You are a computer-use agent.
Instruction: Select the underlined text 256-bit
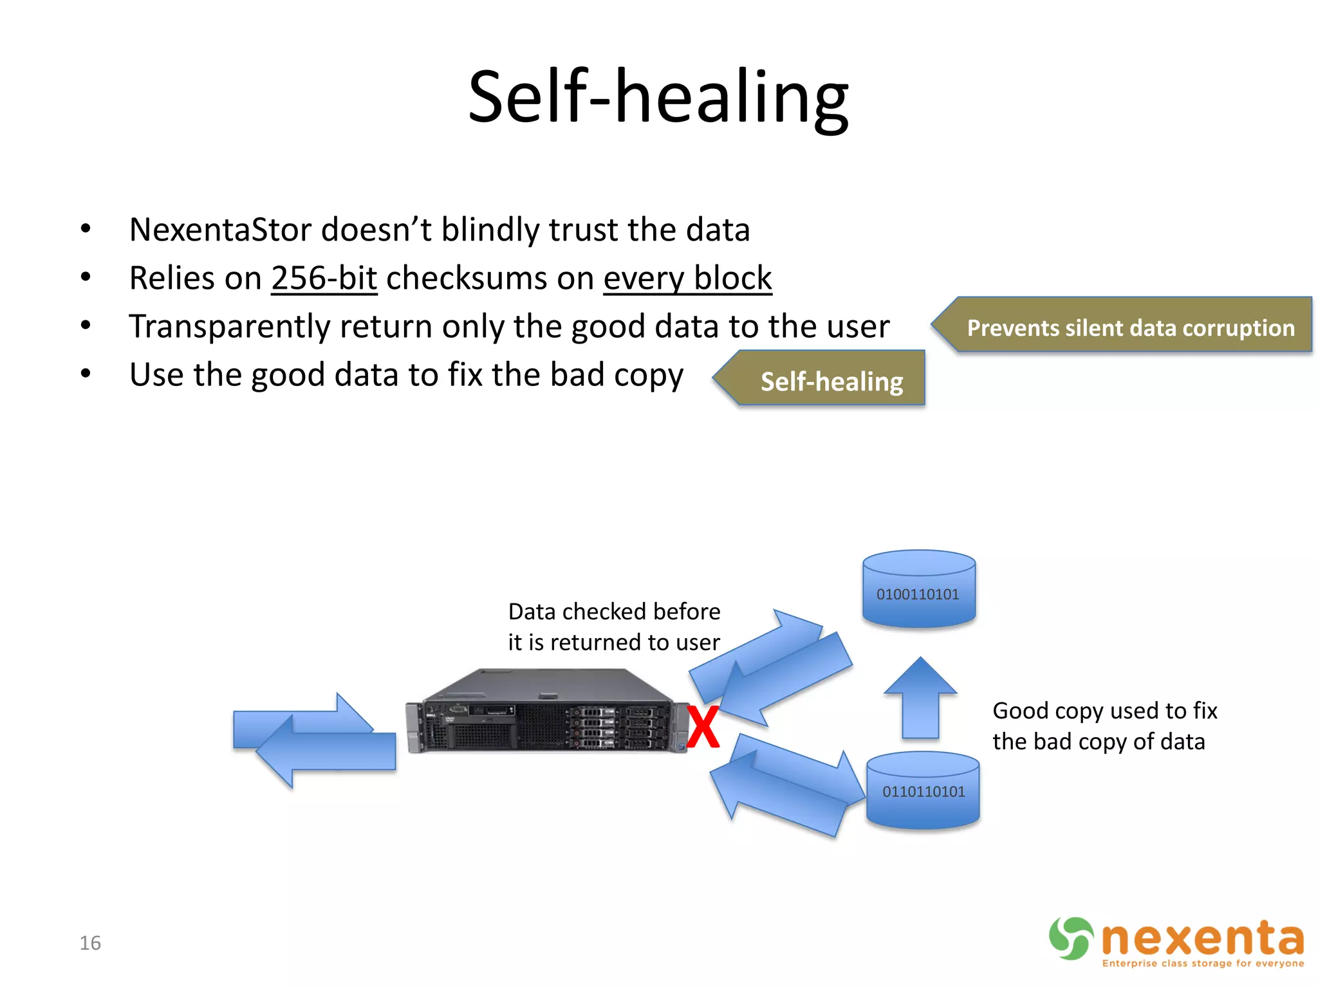tap(324, 279)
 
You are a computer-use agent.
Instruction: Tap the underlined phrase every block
tap(687, 279)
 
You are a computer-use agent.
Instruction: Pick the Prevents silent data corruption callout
tap(1129, 328)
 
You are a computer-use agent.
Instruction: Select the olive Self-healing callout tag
tap(830, 381)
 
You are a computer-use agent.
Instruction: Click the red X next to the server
tap(703, 727)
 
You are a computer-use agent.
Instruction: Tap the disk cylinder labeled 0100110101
tap(918, 590)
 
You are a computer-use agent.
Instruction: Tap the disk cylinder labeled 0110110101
tap(923, 791)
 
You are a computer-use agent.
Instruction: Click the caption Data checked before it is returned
tap(613, 627)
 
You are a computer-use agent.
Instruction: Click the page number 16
tap(90, 943)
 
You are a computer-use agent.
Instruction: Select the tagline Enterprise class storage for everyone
tap(1202, 963)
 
